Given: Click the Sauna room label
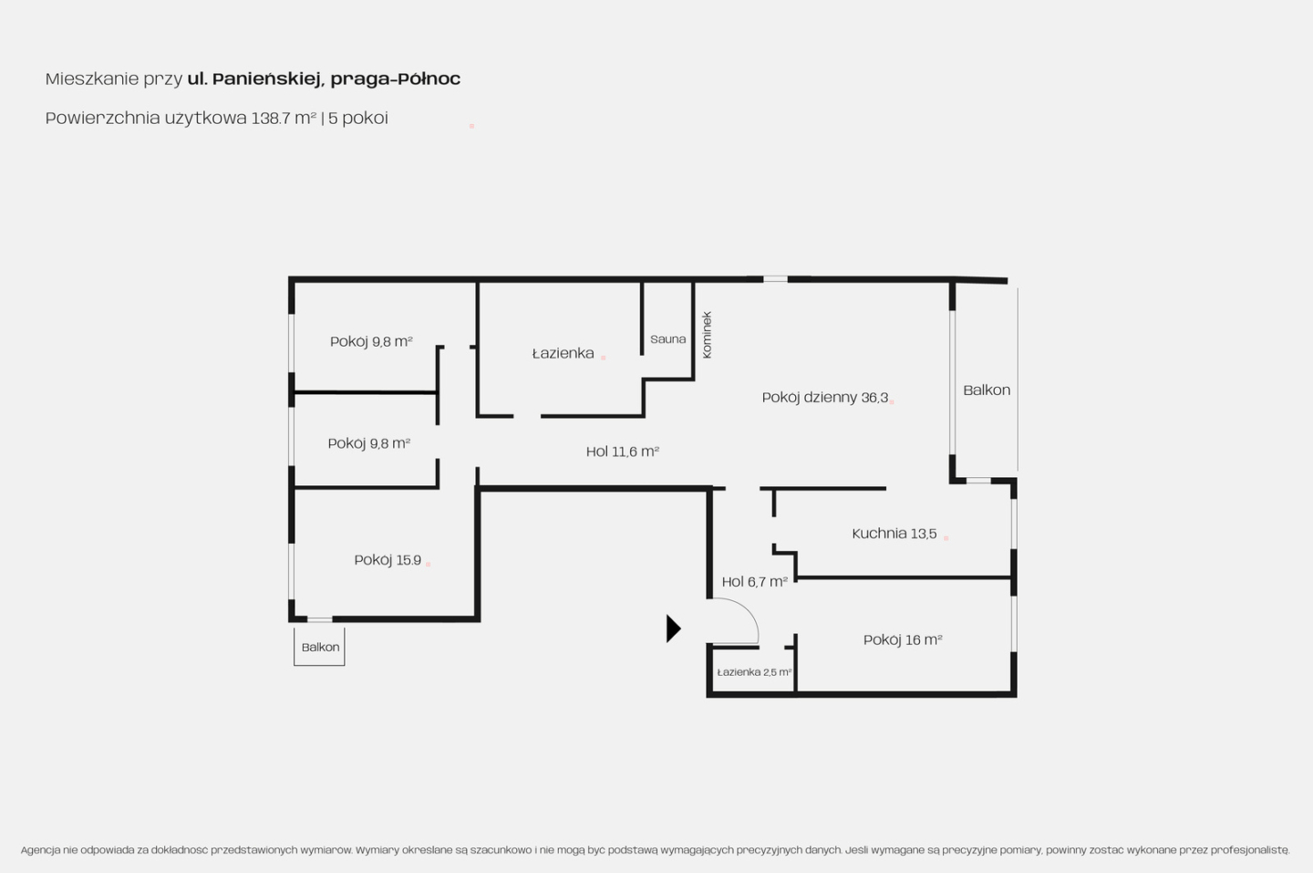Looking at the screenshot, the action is tap(667, 338).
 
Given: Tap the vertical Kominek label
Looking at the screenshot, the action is tap(707, 335).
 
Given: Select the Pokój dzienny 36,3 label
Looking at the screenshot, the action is tap(824, 398).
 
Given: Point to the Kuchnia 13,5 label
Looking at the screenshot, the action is tap(894, 534).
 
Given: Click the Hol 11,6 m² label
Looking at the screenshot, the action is tap(623, 452).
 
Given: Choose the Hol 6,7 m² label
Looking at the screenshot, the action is tap(754, 582).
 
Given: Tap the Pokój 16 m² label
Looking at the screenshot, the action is tap(903, 639).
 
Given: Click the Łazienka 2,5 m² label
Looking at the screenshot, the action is tap(754, 672).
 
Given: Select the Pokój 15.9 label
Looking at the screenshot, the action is tap(388, 560).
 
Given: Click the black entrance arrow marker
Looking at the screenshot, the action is tap(673, 629).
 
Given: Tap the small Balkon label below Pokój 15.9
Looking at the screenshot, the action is tap(320, 648).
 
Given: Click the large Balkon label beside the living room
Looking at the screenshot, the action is tap(987, 390).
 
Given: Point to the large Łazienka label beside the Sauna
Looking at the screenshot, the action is tap(563, 353).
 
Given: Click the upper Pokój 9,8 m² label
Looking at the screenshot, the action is tap(371, 341).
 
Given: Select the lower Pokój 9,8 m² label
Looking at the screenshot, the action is tap(368, 443).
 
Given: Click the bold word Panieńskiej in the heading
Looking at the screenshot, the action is tap(266, 78).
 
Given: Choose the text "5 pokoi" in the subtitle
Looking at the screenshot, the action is tap(358, 118).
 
